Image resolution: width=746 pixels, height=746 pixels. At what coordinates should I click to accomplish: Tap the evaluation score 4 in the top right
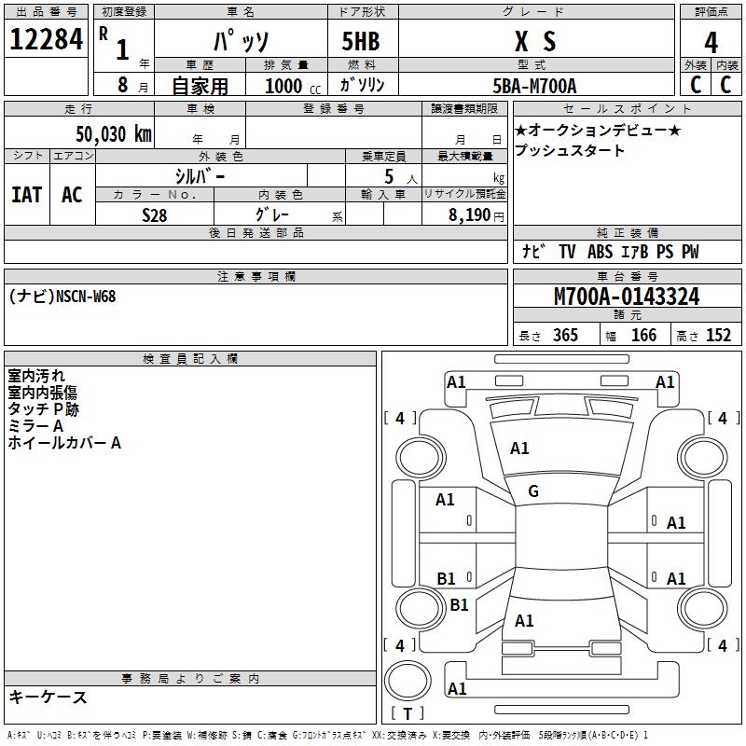(711, 42)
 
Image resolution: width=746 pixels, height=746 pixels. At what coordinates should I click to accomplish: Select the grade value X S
(535, 41)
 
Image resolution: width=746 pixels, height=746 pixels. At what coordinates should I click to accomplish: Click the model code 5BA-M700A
(534, 86)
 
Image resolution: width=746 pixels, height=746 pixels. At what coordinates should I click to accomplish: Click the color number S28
(156, 214)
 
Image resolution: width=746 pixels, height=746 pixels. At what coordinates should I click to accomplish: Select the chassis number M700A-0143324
(627, 297)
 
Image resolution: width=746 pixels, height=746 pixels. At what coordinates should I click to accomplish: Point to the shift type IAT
(27, 195)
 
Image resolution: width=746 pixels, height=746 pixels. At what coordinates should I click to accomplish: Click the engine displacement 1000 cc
(290, 86)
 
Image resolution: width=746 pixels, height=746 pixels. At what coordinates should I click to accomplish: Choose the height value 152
(718, 336)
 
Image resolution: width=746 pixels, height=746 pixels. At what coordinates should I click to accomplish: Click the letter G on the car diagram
(533, 490)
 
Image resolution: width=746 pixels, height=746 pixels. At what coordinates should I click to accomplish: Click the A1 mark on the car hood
(519, 449)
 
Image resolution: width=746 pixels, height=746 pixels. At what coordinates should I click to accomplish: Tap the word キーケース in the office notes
(48, 697)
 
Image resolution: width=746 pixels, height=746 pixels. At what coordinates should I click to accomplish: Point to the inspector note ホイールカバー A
(64, 443)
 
